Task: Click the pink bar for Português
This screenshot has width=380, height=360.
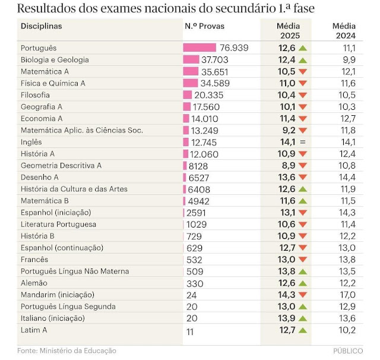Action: [x=200, y=48]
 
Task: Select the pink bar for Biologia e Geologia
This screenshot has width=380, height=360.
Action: [x=191, y=59]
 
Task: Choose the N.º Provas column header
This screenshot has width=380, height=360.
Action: [x=205, y=26]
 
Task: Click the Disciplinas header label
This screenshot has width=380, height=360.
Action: [x=42, y=26]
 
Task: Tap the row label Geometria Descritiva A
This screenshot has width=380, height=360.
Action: [x=61, y=165]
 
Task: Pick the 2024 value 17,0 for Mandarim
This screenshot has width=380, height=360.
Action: [x=349, y=295]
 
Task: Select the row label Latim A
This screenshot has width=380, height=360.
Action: [x=34, y=330]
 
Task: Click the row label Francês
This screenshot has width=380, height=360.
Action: [x=35, y=259]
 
